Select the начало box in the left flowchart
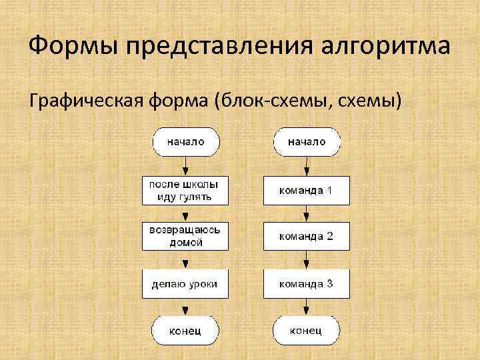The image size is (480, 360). tap(185, 142)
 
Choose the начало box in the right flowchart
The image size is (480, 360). tap(307, 142)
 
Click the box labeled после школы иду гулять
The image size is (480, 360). tap(185, 189)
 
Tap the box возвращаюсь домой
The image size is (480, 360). tap(185, 237)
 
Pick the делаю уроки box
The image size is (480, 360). tap(185, 284)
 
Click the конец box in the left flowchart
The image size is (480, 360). tap(185, 330)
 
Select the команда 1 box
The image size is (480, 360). tap(306, 191)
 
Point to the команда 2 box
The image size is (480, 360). tap(306, 237)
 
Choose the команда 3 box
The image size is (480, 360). tap(306, 284)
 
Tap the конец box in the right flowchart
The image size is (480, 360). tap(307, 330)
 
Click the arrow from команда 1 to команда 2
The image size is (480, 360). tap(306, 214)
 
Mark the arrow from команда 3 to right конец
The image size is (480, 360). tap(306, 307)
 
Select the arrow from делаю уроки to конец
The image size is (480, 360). tap(185, 307)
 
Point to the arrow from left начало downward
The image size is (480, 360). tap(185, 165)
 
